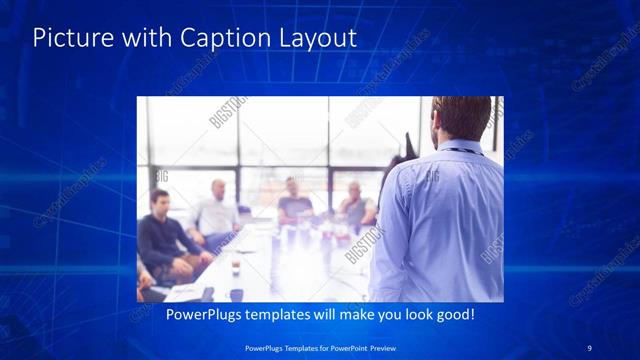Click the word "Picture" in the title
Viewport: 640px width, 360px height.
pos(66,39)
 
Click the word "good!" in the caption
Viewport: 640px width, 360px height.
pos(452,314)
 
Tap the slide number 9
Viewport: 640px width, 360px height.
pos(589,347)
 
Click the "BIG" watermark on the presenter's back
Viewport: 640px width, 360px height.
pos(433,177)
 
